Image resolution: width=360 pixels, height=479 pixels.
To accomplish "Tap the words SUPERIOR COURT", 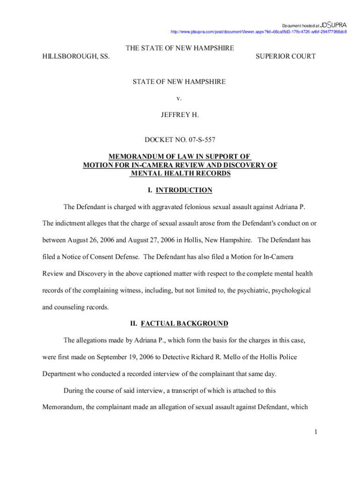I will tap(285, 57).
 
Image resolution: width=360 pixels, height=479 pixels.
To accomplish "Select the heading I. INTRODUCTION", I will tap(180, 190).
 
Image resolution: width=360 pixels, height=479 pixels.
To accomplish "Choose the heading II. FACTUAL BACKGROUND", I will tap(180, 324).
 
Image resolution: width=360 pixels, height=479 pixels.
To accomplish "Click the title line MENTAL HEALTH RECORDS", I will tap(180, 174).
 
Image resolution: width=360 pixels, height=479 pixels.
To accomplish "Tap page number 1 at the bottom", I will tap(316, 432).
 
